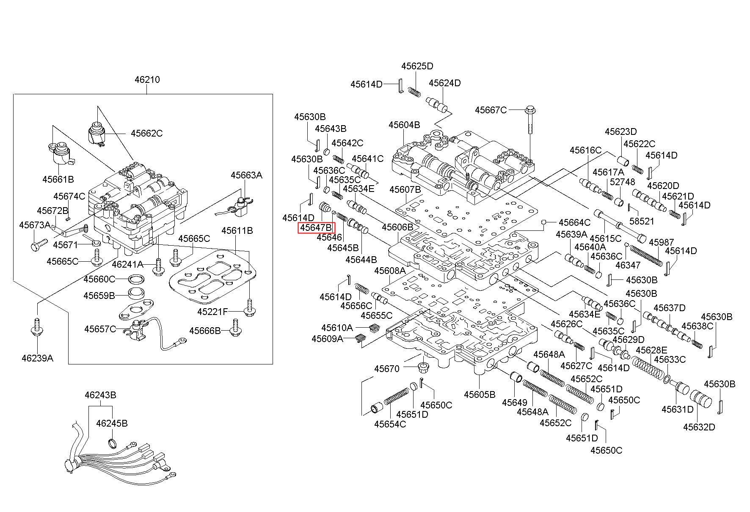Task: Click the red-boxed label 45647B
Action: pyautogui.click(x=316, y=228)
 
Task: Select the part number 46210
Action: pyautogui.click(x=147, y=79)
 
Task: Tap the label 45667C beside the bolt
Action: pyautogui.click(x=491, y=110)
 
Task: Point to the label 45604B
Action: pyautogui.click(x=404, y=125)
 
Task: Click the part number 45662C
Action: pyautogui.click(x=146, y=133)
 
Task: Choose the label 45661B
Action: pyautogui.click(x=58, y=179)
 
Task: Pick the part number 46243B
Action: pyautogui.click(x=100, y=395)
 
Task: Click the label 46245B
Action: pyautogui.click(x=112, y=423)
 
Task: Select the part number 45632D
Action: pyautogui.click(x=699, y=427)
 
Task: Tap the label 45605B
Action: pyautogui.click(x=480, y=394)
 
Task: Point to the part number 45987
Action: pyautogui.click(x=662, y=242)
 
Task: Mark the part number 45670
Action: pyautogui.click(x=387, y=369)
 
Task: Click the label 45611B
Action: pyautogui.click(x=237, y=230)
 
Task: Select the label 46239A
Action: pyautogui.click(x=38, y=359)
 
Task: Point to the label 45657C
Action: pyautogui.click(x=100, y=329)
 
